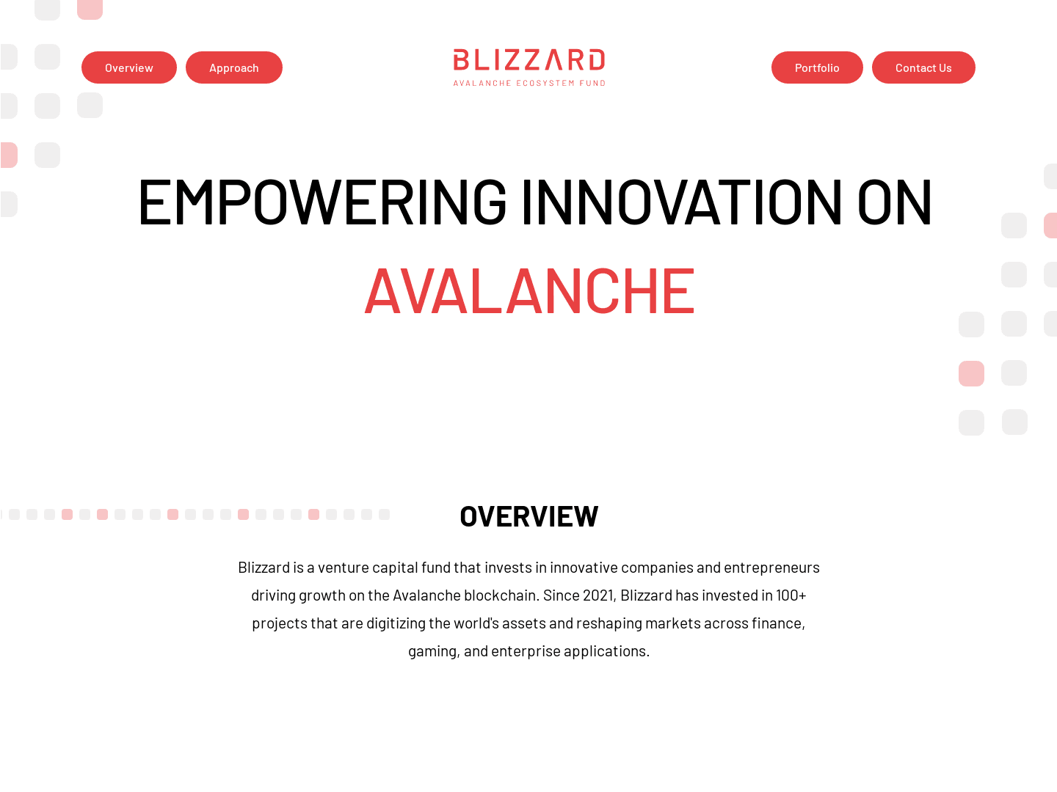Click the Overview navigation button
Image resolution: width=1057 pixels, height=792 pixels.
(129, 67)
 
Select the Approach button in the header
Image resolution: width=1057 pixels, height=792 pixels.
(234, 67)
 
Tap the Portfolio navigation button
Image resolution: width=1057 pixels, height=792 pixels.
(817, 67)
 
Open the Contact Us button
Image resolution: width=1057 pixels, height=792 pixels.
(923, 67)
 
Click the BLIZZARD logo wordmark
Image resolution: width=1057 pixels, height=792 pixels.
(529, 59)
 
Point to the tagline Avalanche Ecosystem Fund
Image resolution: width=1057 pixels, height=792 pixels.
(529, 84)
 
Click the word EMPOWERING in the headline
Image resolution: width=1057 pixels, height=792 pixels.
(322, 201)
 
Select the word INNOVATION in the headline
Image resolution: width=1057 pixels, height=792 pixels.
(682, 201)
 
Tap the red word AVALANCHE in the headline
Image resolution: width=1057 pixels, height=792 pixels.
(529, 291)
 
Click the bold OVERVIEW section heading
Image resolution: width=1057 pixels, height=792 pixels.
(529, 516)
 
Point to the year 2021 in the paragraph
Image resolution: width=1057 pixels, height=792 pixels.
(598, 595)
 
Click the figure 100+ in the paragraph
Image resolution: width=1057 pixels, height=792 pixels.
(791, 595)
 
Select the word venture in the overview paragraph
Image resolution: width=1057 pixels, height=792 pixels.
(343, 568)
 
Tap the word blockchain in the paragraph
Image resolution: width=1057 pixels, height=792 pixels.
(501, 595)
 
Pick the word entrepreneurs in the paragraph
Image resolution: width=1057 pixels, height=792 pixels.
(771, 568)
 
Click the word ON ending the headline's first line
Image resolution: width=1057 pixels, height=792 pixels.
(895, 201)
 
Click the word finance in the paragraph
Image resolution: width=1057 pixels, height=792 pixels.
(777, 623)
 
